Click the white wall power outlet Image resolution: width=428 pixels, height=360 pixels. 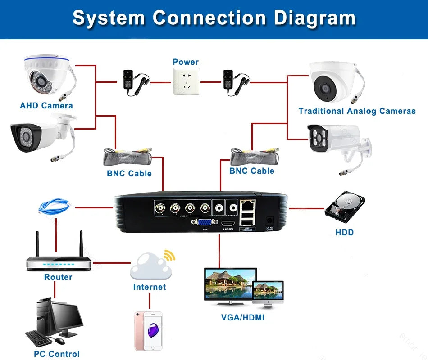pyautogui.click(x=186, y=81)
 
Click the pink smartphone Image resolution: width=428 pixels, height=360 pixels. pyautogui.click(x=148, y=330)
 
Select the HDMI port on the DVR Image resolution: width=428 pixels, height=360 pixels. pyautogui.click(x=229, y=223)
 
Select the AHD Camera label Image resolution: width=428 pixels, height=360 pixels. pyautogui.click(x=46, y=106)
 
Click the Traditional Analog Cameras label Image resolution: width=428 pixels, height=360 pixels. pyautogui.click(x=357, y=111)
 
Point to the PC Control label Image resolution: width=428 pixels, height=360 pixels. pyautogui.click(x=57, y=354)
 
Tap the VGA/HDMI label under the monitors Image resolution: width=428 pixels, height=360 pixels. pyautogui.click(x=243, y=318)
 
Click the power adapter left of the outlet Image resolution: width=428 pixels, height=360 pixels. pyautogui.click(x=134, y=81)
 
